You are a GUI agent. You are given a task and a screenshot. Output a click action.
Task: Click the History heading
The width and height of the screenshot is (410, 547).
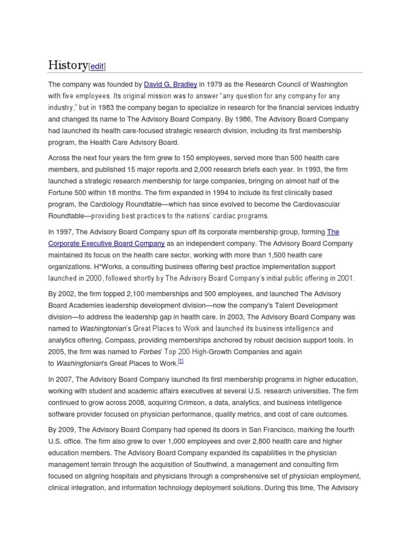[68, 65]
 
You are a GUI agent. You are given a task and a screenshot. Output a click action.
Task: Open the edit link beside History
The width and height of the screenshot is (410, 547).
[97, 66]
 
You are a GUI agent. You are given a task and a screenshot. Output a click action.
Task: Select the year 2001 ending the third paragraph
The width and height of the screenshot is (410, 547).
[344, 278]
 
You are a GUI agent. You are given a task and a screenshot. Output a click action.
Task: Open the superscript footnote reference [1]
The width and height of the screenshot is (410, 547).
[181, 362]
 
